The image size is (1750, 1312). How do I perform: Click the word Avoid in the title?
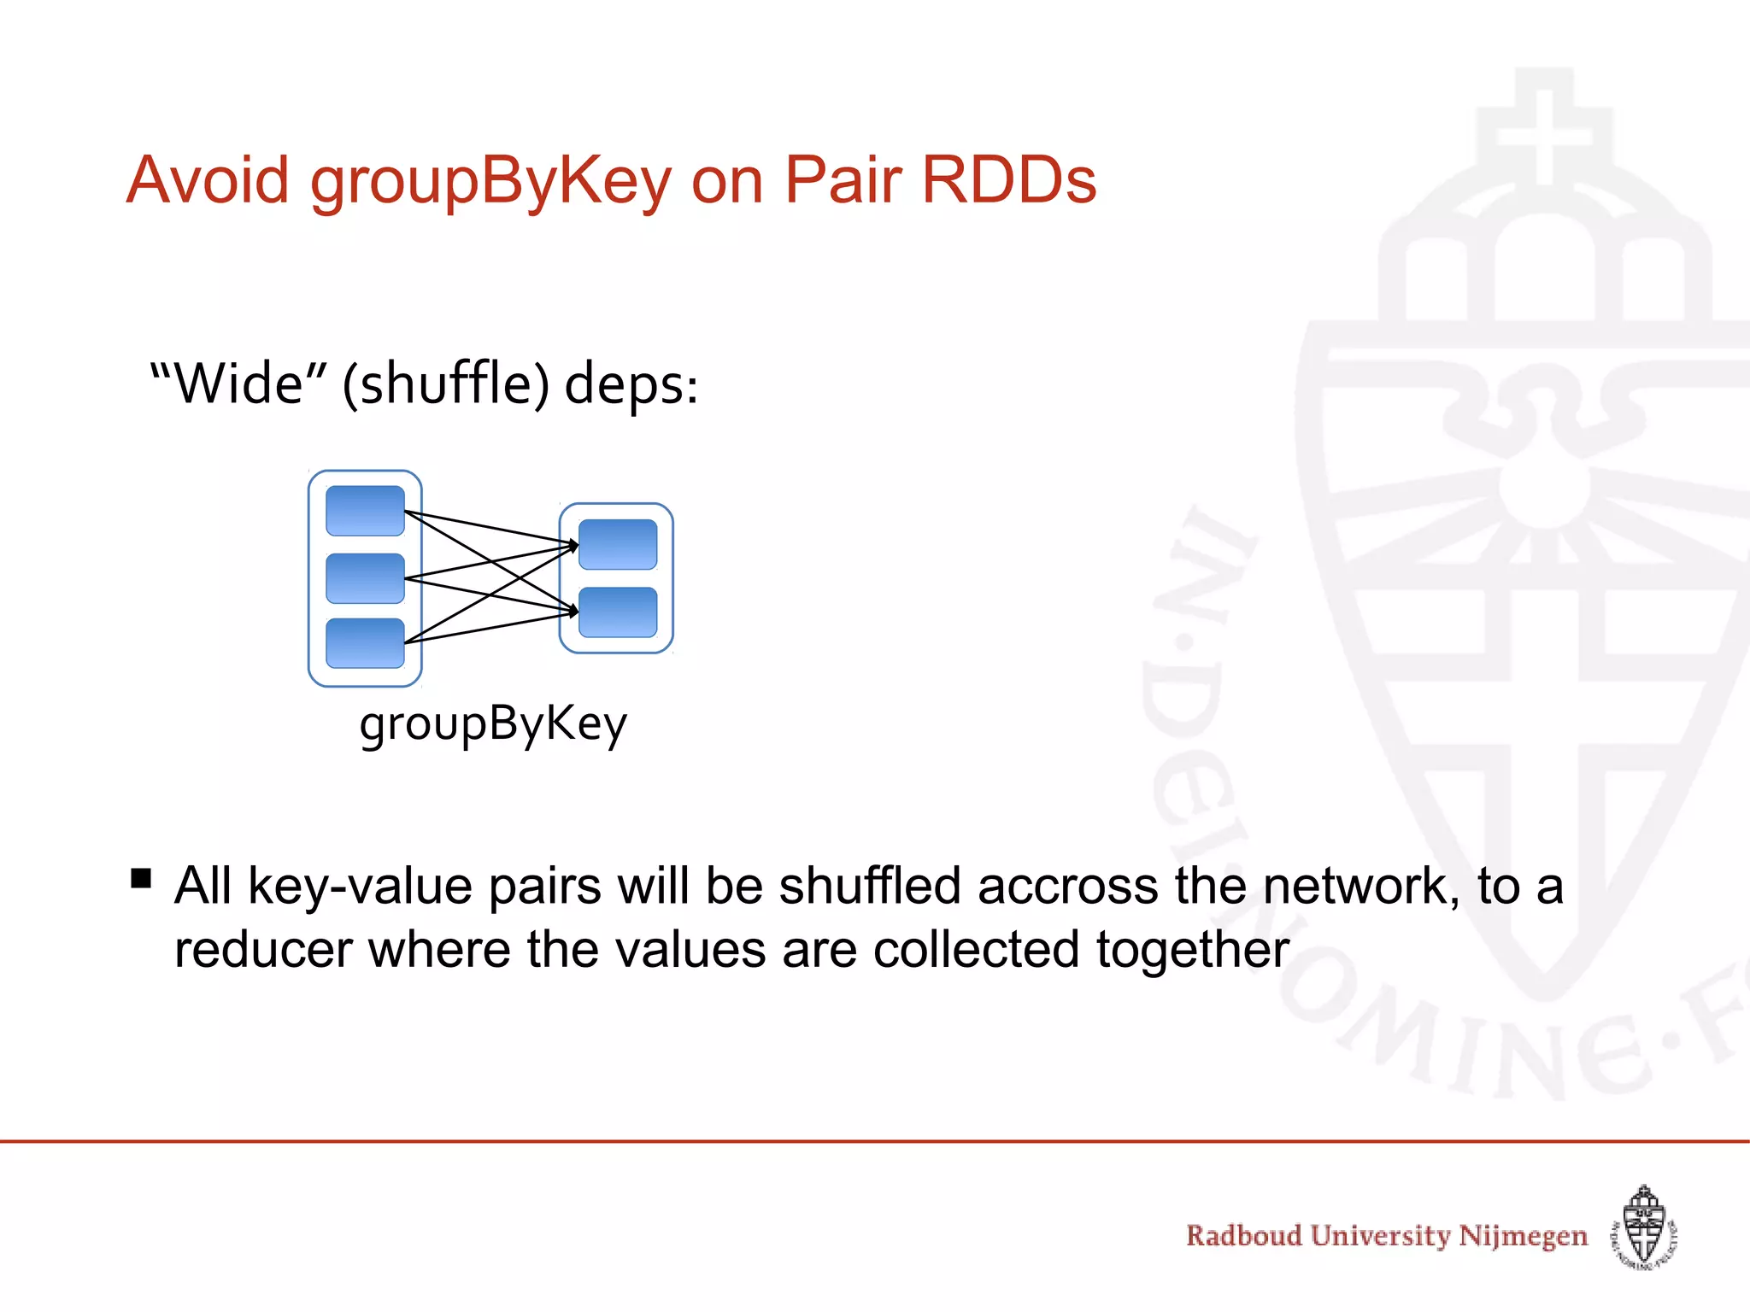[208, 180]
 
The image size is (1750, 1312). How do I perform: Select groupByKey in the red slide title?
[490, 182]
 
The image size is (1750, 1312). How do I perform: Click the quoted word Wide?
[238, 384]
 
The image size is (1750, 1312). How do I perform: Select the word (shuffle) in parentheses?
[445, 384]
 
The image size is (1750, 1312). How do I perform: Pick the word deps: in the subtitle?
[631, 384]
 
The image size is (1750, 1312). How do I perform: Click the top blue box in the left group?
[365, 511]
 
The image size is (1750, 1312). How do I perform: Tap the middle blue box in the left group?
[365, 578]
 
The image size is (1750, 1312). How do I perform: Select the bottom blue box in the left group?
[365, 643]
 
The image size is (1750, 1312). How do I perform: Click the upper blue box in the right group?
[618, 544]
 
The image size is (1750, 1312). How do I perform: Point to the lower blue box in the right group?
[618, 612]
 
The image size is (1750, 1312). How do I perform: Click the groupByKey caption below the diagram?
[493, 725]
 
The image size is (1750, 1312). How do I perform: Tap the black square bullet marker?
[141, 879]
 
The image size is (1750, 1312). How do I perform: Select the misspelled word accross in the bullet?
[1067, 886]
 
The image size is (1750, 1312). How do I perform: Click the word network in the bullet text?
[1359, 886]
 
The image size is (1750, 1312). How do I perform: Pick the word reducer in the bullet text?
[263, 950]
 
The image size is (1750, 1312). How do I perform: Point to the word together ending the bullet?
[1192, 950]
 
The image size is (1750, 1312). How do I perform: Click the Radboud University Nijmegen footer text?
[1386, 1236]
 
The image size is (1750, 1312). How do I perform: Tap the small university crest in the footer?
[1644, 1227]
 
